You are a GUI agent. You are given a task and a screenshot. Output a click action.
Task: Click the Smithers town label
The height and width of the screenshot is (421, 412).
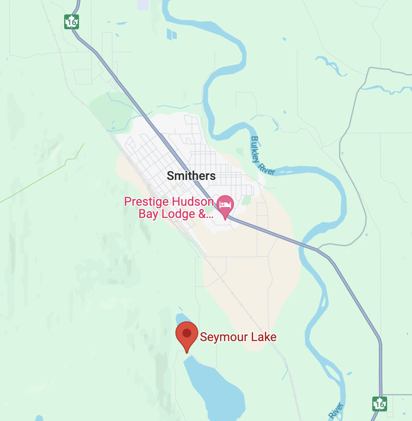coord(191,176)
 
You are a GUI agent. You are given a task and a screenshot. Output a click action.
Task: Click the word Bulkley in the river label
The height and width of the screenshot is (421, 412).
coord(255,148)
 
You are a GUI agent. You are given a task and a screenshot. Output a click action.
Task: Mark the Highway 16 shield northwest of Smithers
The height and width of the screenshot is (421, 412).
coord(71,22)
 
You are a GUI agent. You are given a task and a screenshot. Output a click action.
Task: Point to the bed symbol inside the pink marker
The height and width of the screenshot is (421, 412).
coord(225,203)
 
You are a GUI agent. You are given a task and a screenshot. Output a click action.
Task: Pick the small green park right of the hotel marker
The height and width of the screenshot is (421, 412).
coord(247,200)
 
